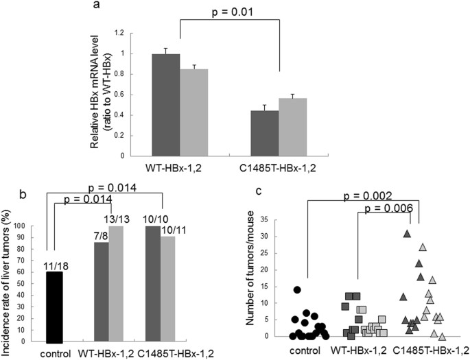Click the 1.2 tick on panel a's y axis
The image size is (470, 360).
124,33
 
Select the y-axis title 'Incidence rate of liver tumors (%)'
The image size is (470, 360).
10,281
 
